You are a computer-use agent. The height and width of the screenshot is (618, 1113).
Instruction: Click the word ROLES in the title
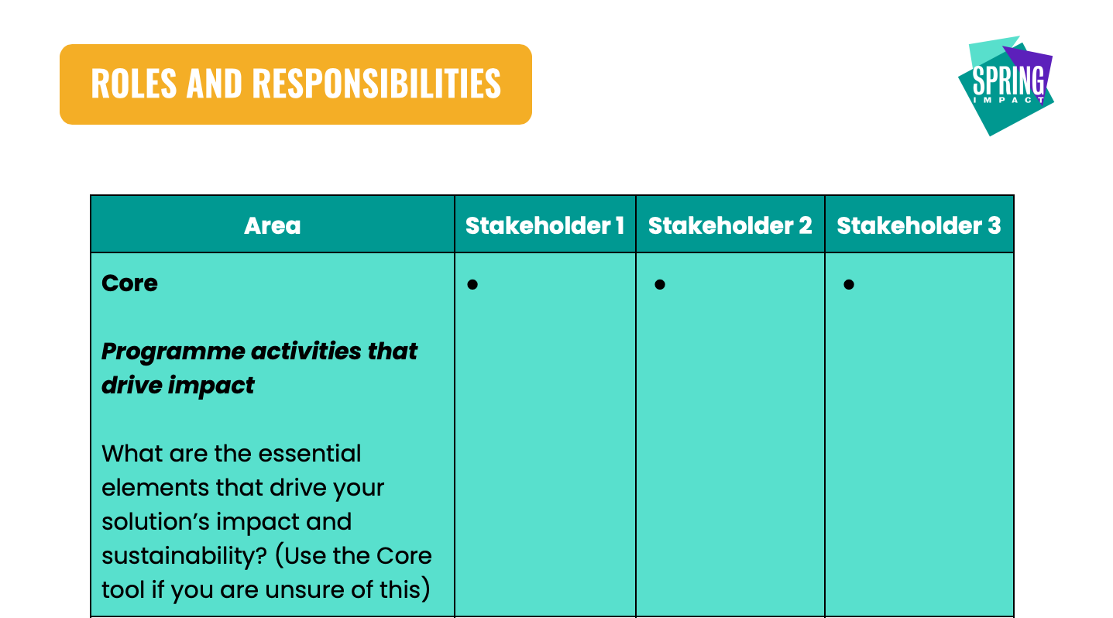134,84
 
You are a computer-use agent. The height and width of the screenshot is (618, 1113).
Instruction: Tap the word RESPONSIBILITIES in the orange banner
376,84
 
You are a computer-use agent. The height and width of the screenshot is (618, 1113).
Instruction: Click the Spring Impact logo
1007,85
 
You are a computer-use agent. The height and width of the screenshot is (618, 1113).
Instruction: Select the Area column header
273,225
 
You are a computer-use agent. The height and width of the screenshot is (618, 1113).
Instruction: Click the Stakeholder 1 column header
544,225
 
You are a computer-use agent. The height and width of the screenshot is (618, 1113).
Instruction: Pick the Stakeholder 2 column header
730,225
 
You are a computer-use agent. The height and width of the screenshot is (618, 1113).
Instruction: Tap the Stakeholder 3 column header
919,225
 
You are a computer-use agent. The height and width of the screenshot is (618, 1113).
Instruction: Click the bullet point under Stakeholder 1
472,285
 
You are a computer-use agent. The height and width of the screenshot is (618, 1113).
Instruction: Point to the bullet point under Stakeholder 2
659,285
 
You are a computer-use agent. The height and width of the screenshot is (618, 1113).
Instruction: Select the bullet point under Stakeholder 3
849,285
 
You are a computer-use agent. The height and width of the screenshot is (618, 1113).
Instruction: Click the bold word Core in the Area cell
129,283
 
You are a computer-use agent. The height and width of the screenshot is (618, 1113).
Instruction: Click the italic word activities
306,352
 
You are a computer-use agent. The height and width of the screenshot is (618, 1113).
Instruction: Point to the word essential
309,454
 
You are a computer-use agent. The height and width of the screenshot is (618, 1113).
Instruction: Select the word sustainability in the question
184,556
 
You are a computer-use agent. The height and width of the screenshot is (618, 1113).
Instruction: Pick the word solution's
156,522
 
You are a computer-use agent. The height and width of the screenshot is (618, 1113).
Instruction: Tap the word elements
155,487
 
